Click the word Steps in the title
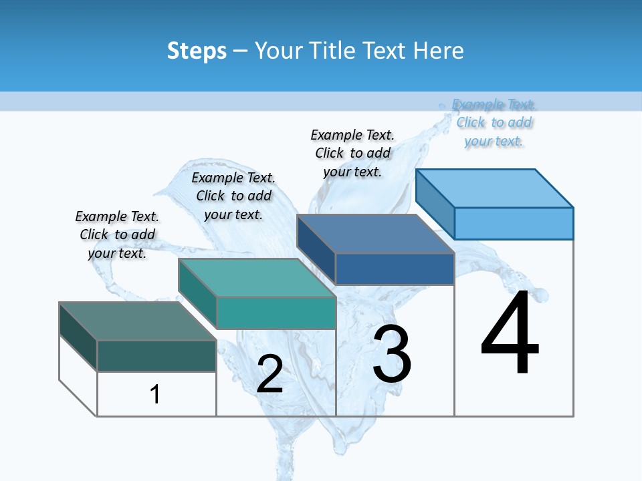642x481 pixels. (x=197, y=51)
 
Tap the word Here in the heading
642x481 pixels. (x=439, y=51)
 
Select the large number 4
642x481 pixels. (x=510, y=334)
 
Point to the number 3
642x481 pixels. (x=392, y=354)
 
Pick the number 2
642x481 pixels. (x=270, y=375)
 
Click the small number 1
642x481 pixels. (x=155, y=394)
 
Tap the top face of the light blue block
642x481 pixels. (x=495, y=188)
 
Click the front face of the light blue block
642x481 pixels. (x=514, y=223)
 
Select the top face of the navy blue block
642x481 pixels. (x=376, y=234)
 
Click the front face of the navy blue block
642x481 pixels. (x=395, y=269)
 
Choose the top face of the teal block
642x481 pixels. (x=257, y=278)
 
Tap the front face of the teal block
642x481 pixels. (x=276, y=313)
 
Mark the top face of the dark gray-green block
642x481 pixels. (x=137, y=321)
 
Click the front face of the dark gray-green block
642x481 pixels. (x=156, y=355)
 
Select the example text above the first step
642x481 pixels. (x=117, y=234)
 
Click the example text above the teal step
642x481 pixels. (x=233, y=196)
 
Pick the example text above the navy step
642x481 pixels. (x=352, y=153)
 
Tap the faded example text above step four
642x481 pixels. (x=494, y=122)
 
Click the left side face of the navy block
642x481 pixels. (x=316, y=249)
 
